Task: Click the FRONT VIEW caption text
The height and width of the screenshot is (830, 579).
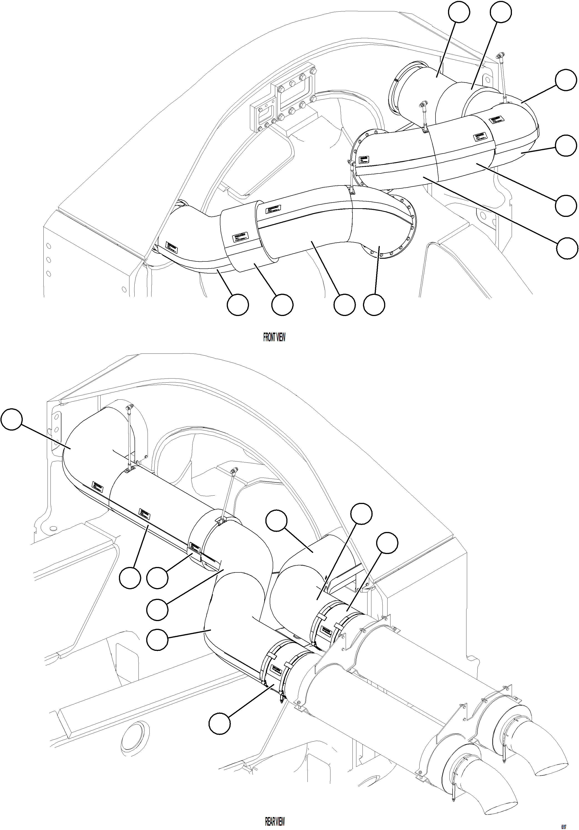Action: click(x=274, y=338)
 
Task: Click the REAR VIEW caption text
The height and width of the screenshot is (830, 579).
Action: click(x=275, y=821)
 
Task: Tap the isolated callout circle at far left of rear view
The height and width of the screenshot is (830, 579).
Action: click(x=12, y=419)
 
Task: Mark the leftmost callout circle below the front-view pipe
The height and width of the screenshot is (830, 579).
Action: click(x=238, y=305)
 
